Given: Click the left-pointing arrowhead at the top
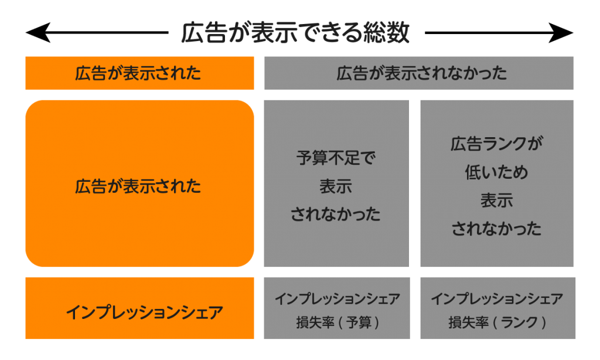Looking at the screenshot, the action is pos(37,33).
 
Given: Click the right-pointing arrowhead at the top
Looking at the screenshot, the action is pos(561,33).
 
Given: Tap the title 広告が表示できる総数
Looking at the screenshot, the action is pos(295,33).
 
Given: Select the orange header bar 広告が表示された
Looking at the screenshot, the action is pos(139,73).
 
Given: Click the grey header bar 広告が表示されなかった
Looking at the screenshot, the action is pos(418,73).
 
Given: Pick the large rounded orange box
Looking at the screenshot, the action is pos(139,184).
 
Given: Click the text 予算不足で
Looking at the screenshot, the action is pos(336,158).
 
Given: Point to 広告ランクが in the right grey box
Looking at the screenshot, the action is pos(497,144).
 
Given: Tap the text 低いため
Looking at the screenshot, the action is pos(497,172).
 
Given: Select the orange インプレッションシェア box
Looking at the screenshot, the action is pos(139,308).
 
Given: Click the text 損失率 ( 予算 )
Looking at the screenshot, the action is pos(337,322).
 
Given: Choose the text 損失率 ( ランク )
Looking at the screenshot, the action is pos(497,322).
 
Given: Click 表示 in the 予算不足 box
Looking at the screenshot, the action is pos(336,186).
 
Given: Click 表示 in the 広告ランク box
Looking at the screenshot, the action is pos(497,201).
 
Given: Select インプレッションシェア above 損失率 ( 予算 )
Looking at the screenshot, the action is pos(337,299).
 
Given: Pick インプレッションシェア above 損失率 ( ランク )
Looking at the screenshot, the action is pos(497,299).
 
